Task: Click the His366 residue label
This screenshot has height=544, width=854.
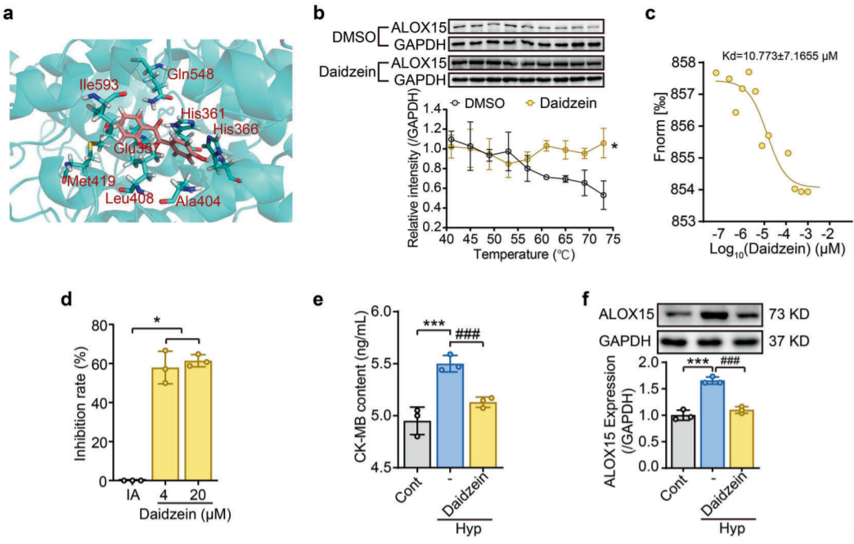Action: tap(237, 130)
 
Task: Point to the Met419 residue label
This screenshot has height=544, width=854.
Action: tap(86, 178)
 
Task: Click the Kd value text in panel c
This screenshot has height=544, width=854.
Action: tap(773, 54)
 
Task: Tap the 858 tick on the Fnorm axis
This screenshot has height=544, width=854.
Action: tap(685, 63)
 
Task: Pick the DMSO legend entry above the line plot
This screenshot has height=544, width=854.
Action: tap(477, 104)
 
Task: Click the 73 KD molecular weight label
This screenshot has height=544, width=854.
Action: tap(792, 314)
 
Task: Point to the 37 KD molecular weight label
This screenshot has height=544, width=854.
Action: tap(792, 339)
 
